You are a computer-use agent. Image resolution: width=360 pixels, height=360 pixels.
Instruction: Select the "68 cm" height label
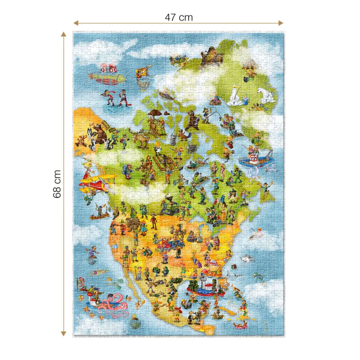click(57, 184)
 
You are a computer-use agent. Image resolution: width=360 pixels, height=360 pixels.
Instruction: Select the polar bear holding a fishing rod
click(236, 96)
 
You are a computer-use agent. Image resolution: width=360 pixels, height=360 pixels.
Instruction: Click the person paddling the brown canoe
click(99, 211)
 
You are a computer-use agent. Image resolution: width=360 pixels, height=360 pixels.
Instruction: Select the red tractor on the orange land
click(172, 245)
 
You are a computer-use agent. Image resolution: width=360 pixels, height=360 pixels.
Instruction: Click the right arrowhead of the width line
click(281, 22)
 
